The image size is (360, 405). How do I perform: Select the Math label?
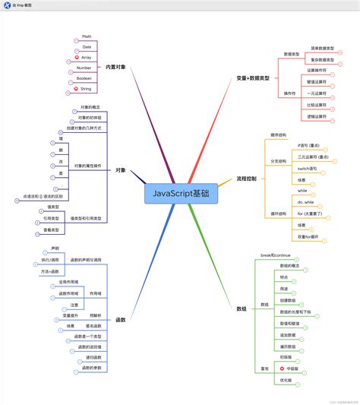86,35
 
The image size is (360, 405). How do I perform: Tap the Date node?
86,46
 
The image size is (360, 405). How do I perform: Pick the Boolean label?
84,78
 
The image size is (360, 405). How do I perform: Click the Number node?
84,68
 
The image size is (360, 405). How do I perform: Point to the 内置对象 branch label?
115,68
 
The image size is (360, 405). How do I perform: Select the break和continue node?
276,255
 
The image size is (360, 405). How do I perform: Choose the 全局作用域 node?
68,282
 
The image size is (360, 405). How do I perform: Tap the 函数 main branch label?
121,319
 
